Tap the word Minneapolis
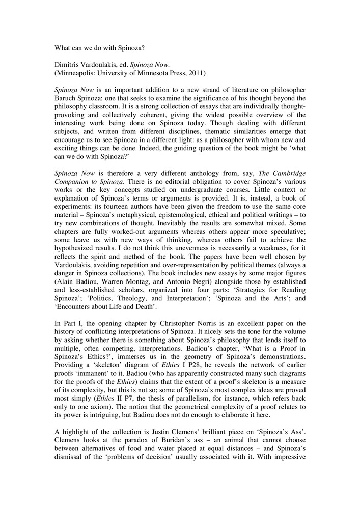click(77, 73)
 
